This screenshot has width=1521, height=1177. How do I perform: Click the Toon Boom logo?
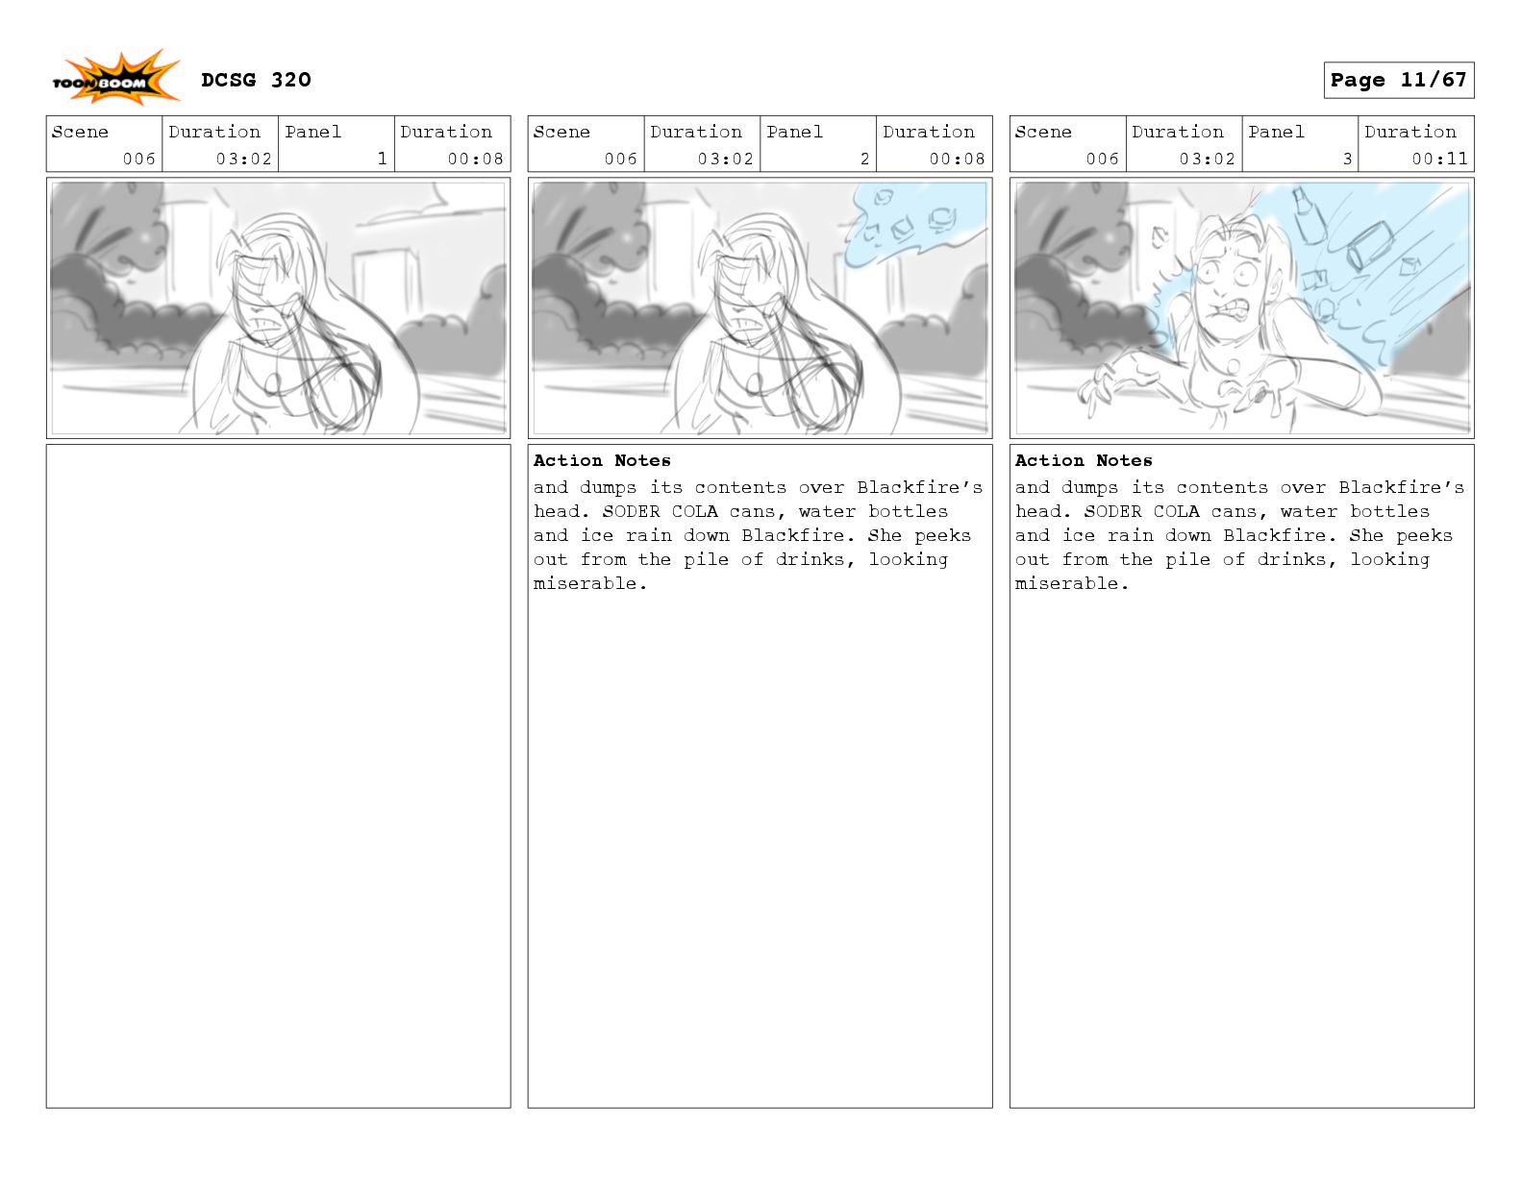pyautogui.click(x=115, y=78)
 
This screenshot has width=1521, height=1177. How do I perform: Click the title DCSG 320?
pyautogui.click(x=256, y=80)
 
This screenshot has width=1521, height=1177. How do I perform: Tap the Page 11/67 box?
pyautogui.click(x=1398, y=81)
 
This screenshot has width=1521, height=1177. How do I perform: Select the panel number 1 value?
pyautogui.click(x=382, y=159)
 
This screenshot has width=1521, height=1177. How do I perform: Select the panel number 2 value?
pyautogui.click(x=864, y=159)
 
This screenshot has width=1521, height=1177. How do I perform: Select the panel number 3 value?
pyautogui.click(x=1347, y=159)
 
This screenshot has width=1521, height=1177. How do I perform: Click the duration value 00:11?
pyautogui.click(x=1439, y=159)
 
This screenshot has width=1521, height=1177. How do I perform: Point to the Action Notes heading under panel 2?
pyautogui.click(x=602, y=460)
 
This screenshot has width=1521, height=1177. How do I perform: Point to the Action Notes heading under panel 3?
pyautogui.click(x=1084, y=460)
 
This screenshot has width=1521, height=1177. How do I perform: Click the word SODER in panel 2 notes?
pyautogui.click(x=631, y=511)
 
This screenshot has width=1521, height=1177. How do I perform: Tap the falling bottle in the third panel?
pyautogui.click(x=1308, y=214)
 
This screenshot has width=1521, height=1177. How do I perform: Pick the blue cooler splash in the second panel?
pyautogui.click(x=913, y=225)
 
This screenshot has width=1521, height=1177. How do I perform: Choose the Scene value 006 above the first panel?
pyautogui.click(x=138, y=159)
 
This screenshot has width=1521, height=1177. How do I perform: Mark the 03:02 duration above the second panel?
pyautogui.click(x=725, y=159)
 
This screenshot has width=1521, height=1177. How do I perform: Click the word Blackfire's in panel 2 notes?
pyautogui.click(x=920, y=487)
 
